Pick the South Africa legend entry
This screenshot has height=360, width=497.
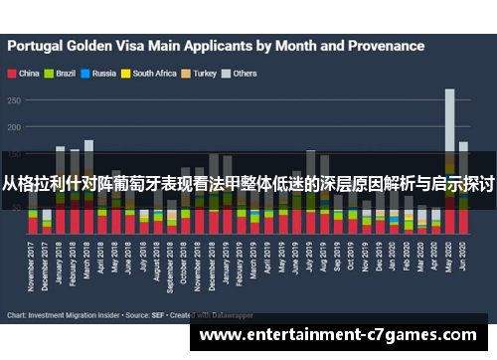(x=154, y=73)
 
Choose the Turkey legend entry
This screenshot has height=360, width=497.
(x=205, y=73)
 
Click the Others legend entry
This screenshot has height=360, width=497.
(x=244, y=73)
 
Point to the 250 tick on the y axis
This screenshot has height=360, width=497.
(x=15, y=99)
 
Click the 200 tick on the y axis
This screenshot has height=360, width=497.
(x=15, y=127)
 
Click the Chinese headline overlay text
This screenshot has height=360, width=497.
(x=248, y=182)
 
